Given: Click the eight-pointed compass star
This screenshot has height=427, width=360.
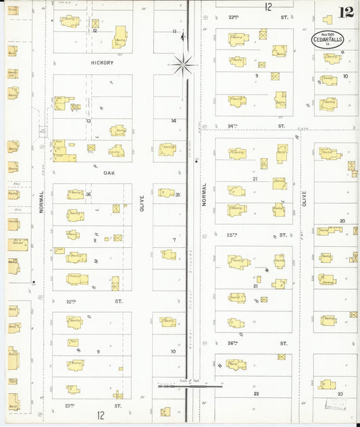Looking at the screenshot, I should (183, 65).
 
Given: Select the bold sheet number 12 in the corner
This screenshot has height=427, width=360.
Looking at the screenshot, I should (346, 12).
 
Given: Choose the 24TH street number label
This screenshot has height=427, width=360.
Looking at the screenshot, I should (234, 126).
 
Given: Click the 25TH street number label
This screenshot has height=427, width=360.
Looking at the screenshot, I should (234, 235).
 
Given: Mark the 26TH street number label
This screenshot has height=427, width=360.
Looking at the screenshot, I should (234, 343).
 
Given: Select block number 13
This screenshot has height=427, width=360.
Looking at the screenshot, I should (88, 121).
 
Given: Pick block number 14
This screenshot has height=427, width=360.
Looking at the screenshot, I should (174, 121).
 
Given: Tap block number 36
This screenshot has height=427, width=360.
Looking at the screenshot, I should (88, 195).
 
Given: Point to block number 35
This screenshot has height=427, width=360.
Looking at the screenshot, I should (178, 195).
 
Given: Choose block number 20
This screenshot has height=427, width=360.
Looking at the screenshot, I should (342, 221).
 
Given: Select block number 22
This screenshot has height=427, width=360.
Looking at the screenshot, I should (256, 393).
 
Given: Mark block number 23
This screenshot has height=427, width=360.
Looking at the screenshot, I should (340, 393).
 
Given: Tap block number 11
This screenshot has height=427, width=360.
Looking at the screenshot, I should (174, 31).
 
